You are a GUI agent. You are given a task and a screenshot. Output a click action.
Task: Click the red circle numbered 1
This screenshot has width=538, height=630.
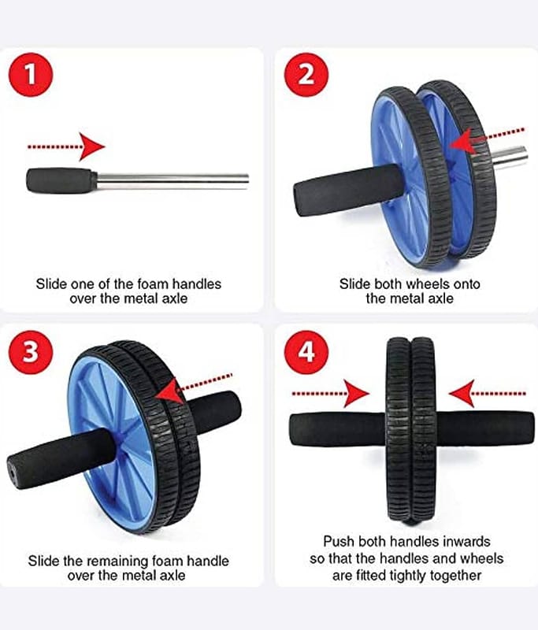tap(31, 75)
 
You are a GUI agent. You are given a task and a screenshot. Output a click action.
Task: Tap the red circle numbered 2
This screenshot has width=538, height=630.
tap(306, 75)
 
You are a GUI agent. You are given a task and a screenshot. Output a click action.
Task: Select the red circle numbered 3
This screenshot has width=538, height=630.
tap(31, 352)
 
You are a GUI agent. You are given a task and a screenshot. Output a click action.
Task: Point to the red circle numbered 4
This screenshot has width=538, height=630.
tap(306, 352)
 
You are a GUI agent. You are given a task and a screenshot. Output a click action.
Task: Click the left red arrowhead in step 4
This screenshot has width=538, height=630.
tap(357, 393)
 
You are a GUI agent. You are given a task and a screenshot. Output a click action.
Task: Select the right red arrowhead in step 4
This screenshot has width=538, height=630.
tap(462, 393)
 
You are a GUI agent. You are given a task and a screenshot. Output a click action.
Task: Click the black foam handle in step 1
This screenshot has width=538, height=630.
tap(62, 180)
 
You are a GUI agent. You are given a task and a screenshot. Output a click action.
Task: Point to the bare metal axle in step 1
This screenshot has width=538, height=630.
tap(173, 181)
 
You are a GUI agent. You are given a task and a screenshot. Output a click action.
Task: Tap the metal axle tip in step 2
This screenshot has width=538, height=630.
tap(510, 158)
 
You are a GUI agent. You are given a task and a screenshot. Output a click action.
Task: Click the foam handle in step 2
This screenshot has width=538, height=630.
tap(347, 190)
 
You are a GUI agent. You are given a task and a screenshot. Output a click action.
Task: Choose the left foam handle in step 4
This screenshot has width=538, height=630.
tap(337, 428)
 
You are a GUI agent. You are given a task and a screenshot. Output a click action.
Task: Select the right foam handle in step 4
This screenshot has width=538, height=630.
tap(485, 428)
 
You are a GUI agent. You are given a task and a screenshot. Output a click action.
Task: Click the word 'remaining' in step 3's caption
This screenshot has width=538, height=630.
tap(121, 561)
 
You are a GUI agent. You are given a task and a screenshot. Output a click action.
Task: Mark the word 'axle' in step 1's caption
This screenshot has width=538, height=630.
tap(175, 298)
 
